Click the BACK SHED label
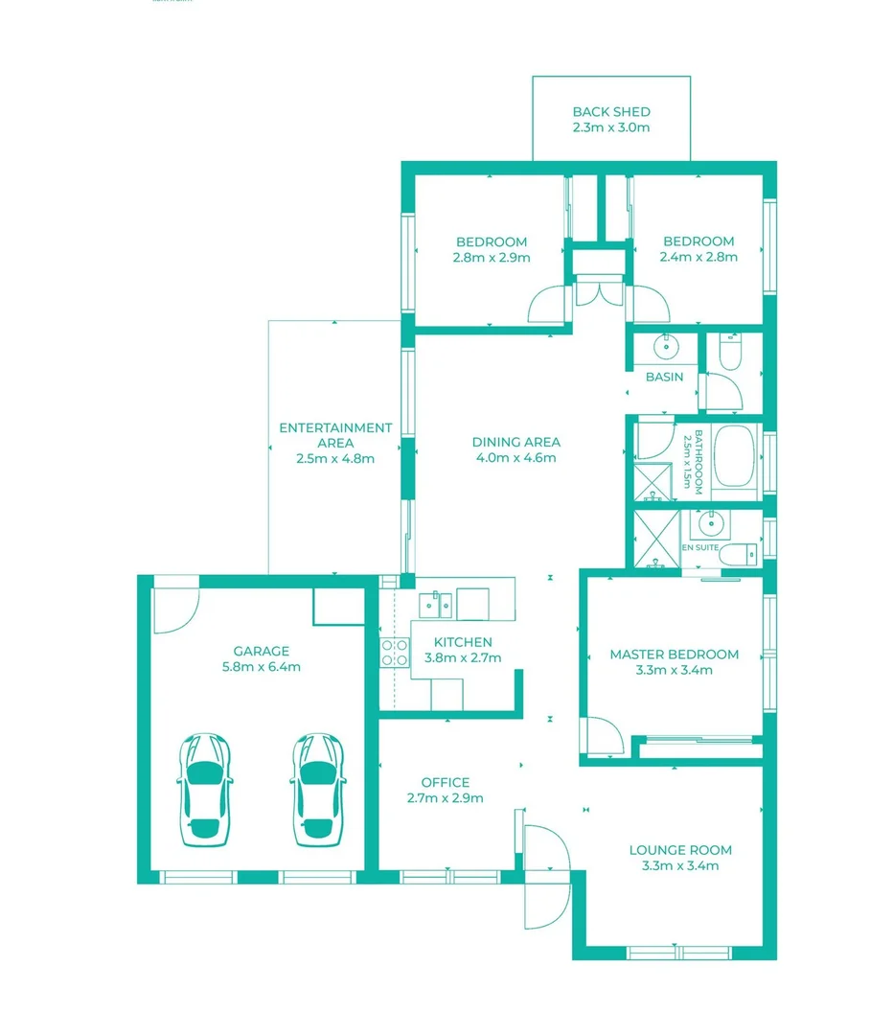click(x=610, y=112)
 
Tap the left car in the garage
click(x=205, y=790)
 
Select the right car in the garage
click(x=316, y=790)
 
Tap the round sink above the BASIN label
click(x=663, y=346)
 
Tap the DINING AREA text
click(x=515, y=442)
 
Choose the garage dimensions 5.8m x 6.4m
click(x=261, y=666)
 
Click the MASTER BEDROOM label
click(x=674, y=655)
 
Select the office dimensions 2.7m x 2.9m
click(x=445, y=797)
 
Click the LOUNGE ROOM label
click(x=679, y=850)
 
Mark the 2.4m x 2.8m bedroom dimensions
click(x=698, y=257)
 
